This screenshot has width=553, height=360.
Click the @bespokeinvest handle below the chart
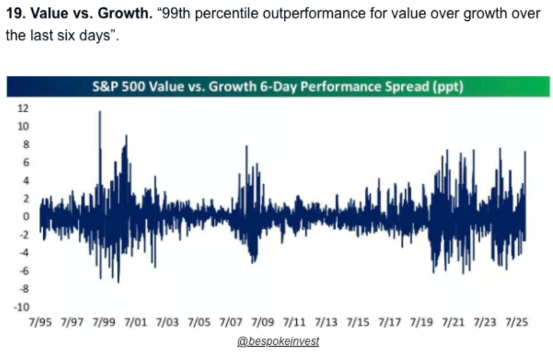pyautogui.click(x=278, y=341)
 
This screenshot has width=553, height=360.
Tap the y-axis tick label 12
pyautogui.click(x=23, y=108)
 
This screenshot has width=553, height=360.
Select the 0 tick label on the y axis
pyautogui.click(x=26, y=216)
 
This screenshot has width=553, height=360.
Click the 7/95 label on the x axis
pyautogui.click(x=42, y=322)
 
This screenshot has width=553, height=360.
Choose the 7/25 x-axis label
pyautogui.click(x=516, y=322)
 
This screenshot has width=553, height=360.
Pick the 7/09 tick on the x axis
pyautogui.click(x=263, y=322)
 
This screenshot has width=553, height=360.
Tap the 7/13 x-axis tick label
pyautogui.click(x=326, y=322)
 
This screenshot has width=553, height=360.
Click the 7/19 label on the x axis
pyautogui.click(x=421, y=322)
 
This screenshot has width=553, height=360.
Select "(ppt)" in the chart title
pyautogui.click(x=449, y=86)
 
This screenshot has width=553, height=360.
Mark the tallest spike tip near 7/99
pyautogui.click(x=100, y=112)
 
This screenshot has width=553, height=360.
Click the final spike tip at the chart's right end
pyautogui.click(x=525, y=152)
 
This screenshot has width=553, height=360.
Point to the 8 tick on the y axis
pyautogui.click(x=26, y=144)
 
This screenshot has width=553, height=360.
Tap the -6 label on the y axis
pyautogui.click(x=24, y=271)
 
